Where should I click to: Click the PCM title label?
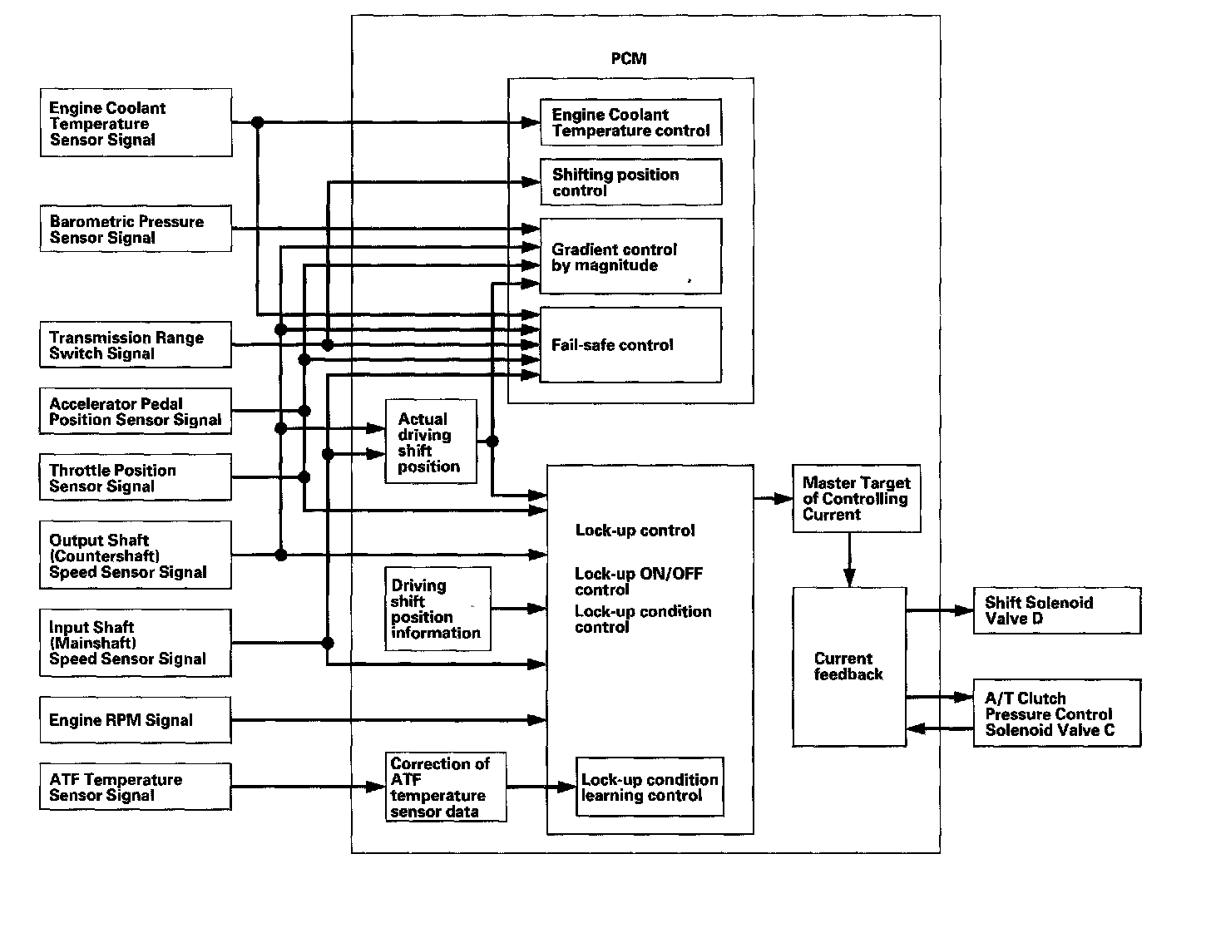628,59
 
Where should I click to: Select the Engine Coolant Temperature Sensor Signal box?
136,124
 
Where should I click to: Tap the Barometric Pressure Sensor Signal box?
136,230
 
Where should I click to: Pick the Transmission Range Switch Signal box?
136,345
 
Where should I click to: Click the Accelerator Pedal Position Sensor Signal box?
136,411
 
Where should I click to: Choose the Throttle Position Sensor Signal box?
136,477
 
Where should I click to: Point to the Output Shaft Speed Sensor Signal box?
136,555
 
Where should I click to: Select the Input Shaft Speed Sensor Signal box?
136,643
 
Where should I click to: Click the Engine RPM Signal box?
136,720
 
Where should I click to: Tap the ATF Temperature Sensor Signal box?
136,787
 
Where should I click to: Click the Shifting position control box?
630,182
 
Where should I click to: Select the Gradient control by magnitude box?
630,256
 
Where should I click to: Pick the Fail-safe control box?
630,345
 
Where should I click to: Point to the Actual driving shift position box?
431,442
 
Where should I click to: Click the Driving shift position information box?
437,609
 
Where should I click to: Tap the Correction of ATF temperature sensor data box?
446,787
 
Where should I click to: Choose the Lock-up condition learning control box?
650,787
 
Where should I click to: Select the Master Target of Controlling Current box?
857,498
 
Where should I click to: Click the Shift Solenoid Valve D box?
1056,610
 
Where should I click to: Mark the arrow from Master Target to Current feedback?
849,560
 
